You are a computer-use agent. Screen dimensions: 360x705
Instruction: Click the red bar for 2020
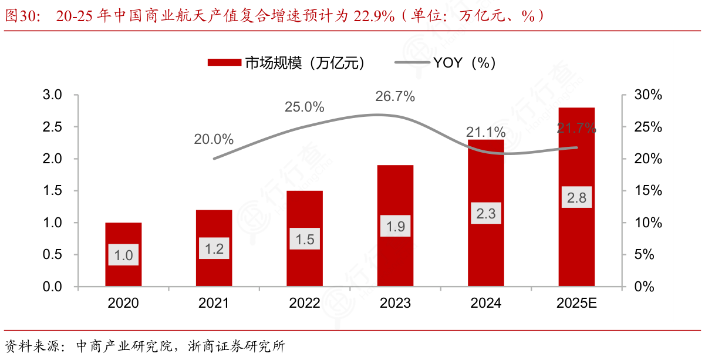tap(123, 235)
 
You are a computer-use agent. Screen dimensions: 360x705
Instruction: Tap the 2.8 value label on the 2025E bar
tap(576, 198)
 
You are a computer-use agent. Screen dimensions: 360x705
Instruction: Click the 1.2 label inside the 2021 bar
tap(214, 248)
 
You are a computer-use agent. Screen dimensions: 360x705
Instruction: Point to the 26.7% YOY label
tap(395, 97)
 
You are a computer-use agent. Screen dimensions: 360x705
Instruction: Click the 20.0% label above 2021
tap(214, 140)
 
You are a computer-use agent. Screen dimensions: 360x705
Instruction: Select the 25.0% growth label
tap(304, 107)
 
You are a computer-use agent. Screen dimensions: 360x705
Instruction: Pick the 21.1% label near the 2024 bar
tap(485, 132)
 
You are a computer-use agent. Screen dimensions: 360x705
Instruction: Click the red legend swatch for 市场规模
tap(224, 63)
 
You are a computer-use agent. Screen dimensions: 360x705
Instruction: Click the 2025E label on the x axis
tap(576, 304)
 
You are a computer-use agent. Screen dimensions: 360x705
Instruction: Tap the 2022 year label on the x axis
tap(305, 304)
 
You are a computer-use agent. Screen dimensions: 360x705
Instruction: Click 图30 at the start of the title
tap(21, 16)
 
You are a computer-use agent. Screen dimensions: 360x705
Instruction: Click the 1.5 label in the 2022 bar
tap(305, 239)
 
